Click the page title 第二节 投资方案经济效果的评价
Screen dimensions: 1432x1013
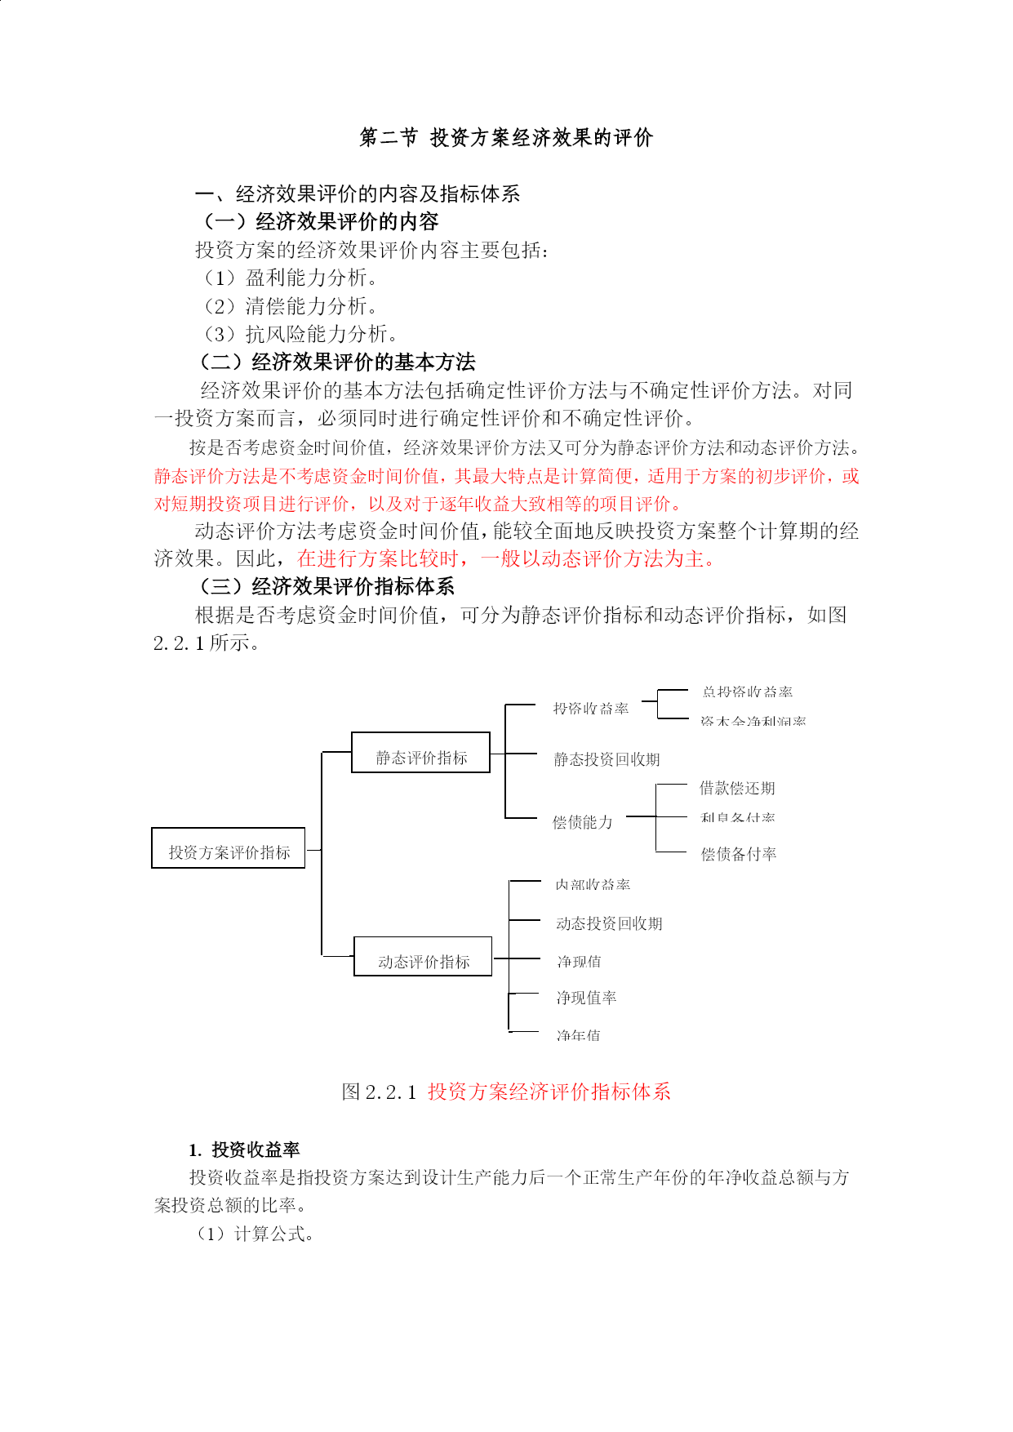coord(506,138)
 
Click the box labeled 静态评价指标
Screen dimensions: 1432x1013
coord(420,753)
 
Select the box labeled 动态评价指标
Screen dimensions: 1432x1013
coord(423,957)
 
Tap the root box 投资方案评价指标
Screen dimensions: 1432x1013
coord(229,848)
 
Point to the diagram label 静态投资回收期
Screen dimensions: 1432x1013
coord(606,760)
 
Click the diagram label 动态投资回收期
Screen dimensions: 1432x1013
coord(609,924)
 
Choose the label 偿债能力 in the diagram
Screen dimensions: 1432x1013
coord(582,822)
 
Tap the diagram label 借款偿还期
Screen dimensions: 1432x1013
coord(737,789)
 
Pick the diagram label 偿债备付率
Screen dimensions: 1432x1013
coord(739,855)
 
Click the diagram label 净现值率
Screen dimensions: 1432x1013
coord(586,998)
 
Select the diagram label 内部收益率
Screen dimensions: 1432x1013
coord(593,885)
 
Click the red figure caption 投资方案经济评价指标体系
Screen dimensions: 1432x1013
coord(549,1092)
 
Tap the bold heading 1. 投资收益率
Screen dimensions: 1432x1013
coord(245,1150)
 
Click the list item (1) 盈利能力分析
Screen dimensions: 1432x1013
coord(290,278)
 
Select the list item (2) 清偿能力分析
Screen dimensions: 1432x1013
coord(290,306)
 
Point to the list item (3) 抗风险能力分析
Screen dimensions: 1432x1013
coord(300,334)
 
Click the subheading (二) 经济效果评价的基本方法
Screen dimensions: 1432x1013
coord(337,362)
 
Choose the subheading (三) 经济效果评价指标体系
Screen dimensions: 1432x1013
coord(327,586)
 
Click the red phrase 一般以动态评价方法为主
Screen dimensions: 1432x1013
coord(598,559)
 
